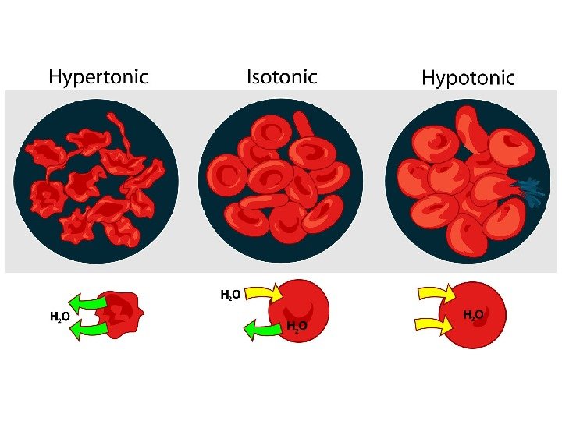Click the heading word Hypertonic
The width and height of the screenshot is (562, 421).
pyautogui.click(x=98, y=76)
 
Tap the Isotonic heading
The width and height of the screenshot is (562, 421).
pyautogui.click(x=282, y=76)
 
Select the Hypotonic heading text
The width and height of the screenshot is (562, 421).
pyautogui.click(x=468, y=77)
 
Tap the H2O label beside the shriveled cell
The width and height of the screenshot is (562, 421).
pyautogui.click(x=61, y=317)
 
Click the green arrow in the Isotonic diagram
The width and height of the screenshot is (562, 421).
pyautogui.click(x=263, y=331)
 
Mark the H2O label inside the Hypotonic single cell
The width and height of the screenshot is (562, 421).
pyautogui.click(x=474, y=315)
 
